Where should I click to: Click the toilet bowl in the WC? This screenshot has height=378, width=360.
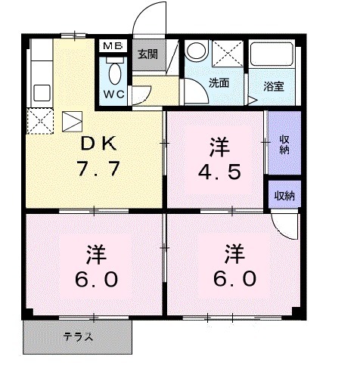coord(114,74)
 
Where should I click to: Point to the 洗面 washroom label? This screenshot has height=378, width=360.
coord(219,83)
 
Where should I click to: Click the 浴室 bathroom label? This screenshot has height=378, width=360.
coord(275,85)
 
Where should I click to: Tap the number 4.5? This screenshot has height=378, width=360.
coord(220,171)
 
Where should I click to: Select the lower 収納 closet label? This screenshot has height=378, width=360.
coord(285,195)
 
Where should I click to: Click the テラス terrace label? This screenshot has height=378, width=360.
coord(78,336)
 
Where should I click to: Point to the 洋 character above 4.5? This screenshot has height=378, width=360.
coord(219,145)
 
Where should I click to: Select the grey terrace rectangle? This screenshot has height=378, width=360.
coord(78,336)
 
